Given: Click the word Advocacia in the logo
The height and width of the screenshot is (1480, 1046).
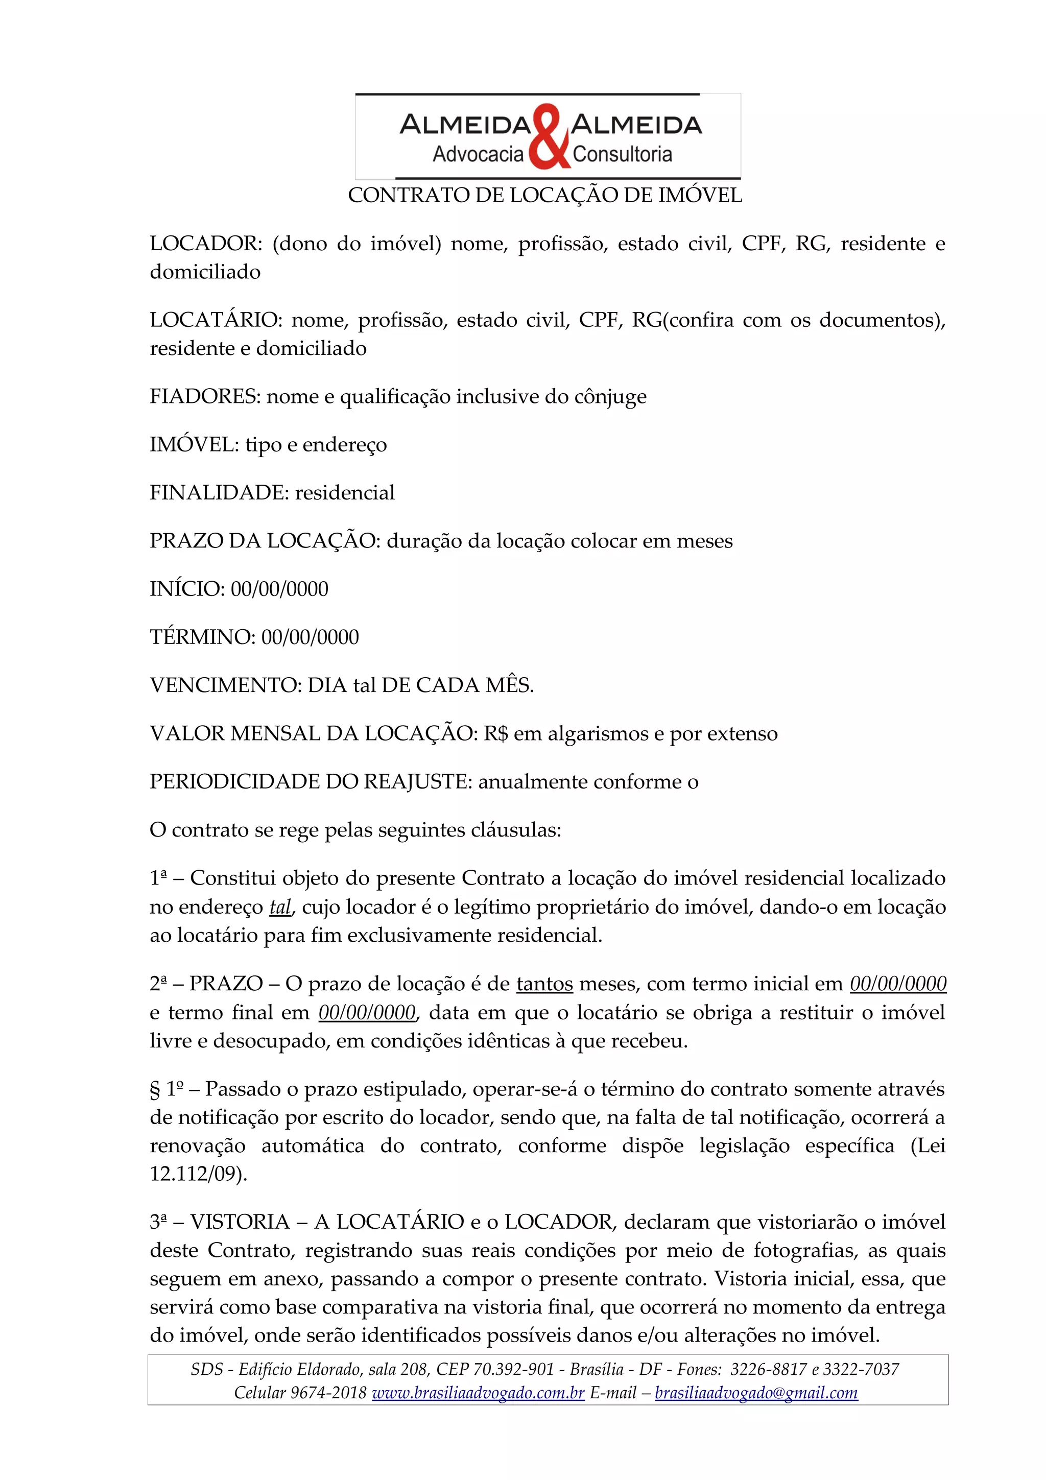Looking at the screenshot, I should click(478, 155).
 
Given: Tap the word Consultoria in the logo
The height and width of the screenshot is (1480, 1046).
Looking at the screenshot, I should click(622, 155).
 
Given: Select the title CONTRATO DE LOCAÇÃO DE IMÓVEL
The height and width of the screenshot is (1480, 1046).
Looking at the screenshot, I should click(544, 195).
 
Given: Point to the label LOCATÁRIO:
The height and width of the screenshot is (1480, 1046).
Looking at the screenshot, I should click(216, 320).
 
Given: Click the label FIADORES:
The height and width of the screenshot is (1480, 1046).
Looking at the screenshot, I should click(205, 396).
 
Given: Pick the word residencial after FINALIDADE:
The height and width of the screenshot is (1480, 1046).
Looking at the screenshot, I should click(345, 492).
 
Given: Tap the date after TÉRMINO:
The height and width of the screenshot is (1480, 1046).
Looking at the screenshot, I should click(310, 637).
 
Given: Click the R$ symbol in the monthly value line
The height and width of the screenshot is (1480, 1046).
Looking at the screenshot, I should click(495, 733).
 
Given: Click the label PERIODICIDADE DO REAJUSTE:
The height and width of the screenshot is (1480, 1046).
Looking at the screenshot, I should click(311, 782).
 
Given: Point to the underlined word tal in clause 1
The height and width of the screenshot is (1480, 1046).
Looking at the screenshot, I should click(280, 908).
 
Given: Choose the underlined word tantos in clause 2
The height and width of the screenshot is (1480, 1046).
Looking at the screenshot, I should click(544, 984).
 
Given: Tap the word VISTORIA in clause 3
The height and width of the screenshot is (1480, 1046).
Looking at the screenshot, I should click(239, 1222).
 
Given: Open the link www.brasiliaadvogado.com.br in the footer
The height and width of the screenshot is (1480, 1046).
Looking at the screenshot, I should click(478, 1393).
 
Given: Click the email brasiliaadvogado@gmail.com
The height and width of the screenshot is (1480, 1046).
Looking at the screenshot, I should click(756, 1393).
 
